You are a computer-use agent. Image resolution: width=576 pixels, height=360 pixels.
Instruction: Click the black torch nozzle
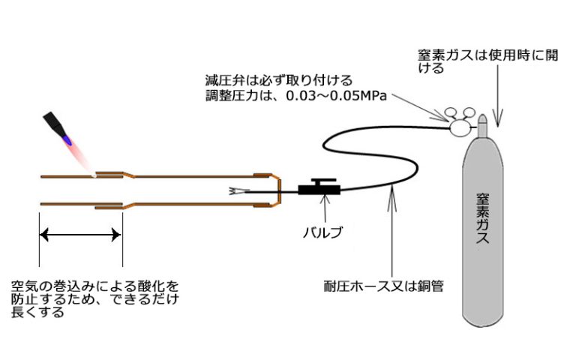coord(55,123)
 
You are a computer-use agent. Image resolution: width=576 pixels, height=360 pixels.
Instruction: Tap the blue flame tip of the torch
coord(67,139)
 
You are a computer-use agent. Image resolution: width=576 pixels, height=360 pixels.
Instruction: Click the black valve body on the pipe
coord(319,190)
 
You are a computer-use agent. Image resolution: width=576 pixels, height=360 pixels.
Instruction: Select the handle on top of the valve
coord(323,181)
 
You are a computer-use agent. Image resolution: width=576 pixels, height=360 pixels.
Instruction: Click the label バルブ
coord(322,232)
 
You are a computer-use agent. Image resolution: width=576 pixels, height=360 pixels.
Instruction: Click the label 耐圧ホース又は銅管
coord(383,286)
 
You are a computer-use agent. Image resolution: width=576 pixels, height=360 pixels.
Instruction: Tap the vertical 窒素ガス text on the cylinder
coord(482,218)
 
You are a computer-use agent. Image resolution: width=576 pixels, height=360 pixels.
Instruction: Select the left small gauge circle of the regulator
coord(450,112)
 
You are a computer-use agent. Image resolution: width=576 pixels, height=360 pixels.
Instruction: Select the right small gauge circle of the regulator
coord(469,112)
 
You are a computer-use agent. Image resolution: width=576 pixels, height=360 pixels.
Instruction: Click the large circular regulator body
coord(459,128)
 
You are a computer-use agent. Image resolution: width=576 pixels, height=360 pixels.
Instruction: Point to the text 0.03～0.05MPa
coord(337,96)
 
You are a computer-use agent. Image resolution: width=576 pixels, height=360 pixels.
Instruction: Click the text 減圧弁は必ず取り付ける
coord(279,80)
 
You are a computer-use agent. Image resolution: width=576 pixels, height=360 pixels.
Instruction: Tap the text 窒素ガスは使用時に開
coord(488,55)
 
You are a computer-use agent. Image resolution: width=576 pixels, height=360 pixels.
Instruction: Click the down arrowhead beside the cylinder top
coord(498,118)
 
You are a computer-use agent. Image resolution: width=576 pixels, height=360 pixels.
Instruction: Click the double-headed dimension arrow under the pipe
coord(80,234)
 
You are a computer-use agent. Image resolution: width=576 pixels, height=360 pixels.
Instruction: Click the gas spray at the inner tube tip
coord(235,191)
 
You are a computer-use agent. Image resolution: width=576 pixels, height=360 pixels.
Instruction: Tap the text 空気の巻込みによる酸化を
coord(94,286)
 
